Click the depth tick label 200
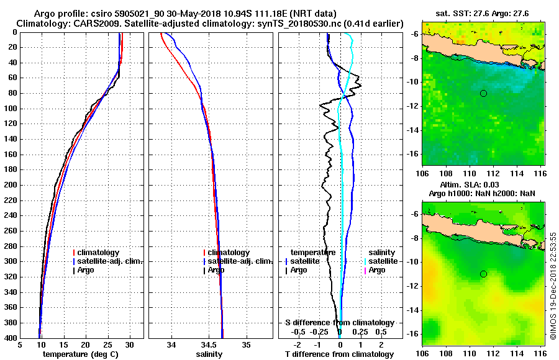tap(10, 185)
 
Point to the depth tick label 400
tap(10, 338)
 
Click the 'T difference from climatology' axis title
tap(339, 354)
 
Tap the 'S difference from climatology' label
tap(339, 323)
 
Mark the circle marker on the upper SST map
tap(483, 93)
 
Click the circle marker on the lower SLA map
tap(483, 274)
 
